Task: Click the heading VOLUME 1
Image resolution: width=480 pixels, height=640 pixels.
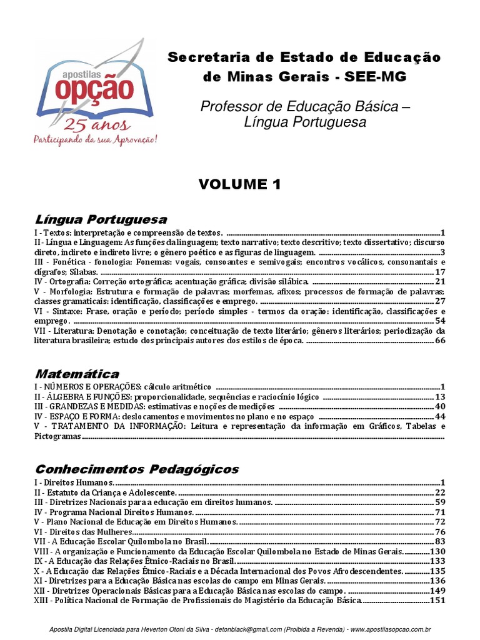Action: (x=239, y=184)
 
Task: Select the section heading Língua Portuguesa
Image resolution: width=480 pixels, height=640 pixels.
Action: (x=101, y=219)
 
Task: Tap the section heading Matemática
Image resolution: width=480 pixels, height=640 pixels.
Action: (x=77, y=374)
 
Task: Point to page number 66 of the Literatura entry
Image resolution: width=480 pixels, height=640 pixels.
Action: (x=439, y=341)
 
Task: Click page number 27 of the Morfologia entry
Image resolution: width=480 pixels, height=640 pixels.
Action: (x=439, y=301)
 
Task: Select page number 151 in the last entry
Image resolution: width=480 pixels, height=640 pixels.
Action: (x=437, y=601)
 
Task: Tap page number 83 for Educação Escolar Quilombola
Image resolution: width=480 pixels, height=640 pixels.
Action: (x=439, y=541)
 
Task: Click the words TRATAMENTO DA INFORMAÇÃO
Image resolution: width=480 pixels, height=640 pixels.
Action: (x=118, y=426)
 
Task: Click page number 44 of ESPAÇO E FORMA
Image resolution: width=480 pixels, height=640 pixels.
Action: (x=439, y=416)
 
